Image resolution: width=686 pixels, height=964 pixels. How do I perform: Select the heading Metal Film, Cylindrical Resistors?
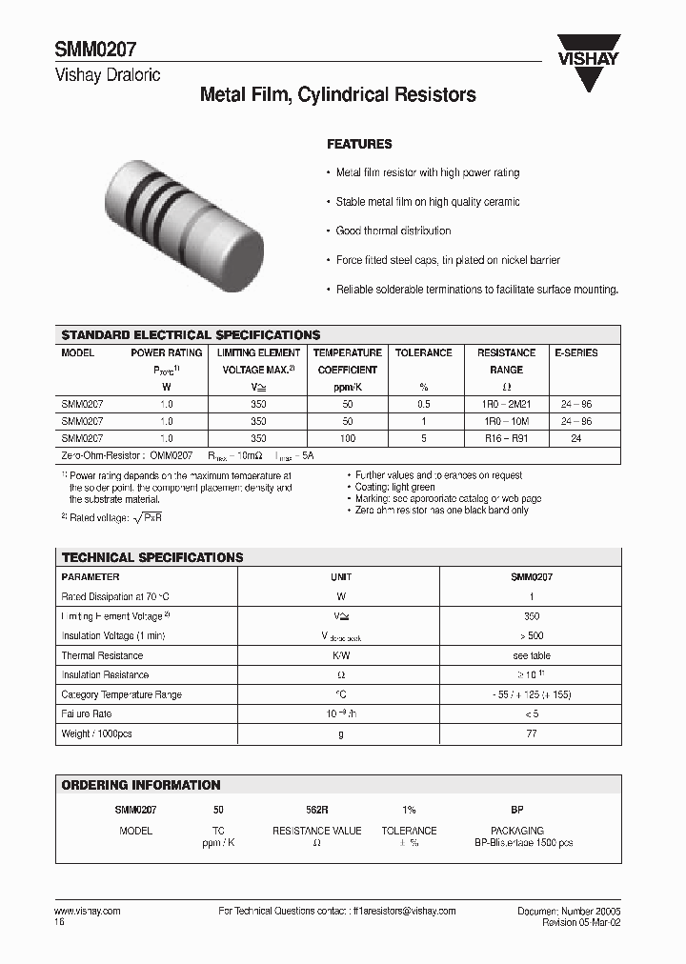click(x=337, y=95)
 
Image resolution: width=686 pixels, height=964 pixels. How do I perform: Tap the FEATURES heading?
click(x=359, y=144)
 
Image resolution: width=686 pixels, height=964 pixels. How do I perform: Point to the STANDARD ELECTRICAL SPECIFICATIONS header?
click(x=191, y=335)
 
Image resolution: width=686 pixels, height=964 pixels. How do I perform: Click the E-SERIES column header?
click(x=576, y=352)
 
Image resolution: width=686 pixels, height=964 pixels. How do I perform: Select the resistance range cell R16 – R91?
click(x=506, y=438)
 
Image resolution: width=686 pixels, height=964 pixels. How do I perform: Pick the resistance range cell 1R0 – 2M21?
click(x=506, y=404)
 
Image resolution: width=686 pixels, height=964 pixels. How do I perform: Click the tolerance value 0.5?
click(x=423, y=404)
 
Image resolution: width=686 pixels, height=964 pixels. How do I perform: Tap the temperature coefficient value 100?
click(x=348, y=438)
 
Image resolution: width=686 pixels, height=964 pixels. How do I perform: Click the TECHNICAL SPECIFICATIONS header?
click(x=152, y=557)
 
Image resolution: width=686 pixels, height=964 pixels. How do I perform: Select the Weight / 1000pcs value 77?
click(x=531, y=733)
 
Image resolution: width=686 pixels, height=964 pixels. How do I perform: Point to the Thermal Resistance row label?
click(x=102, y=655)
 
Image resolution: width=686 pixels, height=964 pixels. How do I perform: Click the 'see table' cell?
click(x=531, y=655)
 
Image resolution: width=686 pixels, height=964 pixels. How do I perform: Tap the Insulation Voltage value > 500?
click(x=531, y=635)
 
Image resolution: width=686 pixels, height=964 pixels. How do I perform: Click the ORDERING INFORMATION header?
click(x=141, y=785)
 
